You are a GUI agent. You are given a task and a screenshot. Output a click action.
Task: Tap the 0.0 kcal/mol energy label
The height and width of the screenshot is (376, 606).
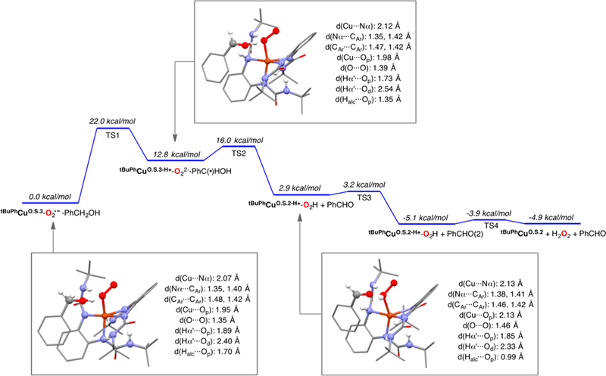coord(45,197)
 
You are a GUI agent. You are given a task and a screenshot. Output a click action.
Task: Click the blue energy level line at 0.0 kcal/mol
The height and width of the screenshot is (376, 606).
coord(47,204)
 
